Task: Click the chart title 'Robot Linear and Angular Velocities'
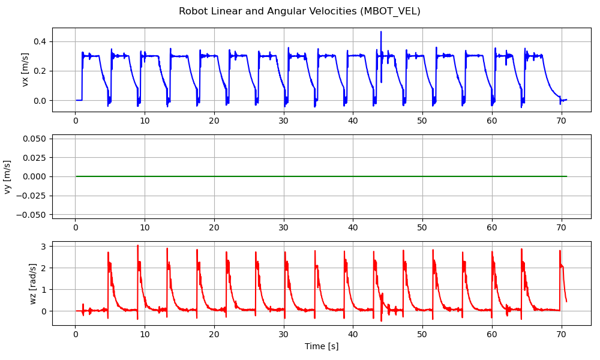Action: pyautogui.click(x=270, y=11)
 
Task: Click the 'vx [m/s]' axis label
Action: pyautogui.click(x=25, y=70)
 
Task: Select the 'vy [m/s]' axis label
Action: pyautogui.click(x=8, y=176)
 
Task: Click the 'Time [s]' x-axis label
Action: pyautogui.click(x=321, y=346)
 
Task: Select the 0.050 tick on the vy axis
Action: pyautogui.click(x=36, y=139)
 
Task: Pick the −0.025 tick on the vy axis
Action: pyautogui.click(x=34, y=196)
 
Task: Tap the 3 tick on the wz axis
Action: pyautogui.click(x=44, y=247)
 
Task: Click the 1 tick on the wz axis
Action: pyautogui.click(x=44, y=290)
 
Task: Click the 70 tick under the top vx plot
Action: pyautogui.click(x=561, y=121)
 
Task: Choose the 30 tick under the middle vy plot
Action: pyautogui.click(x=283, y=227)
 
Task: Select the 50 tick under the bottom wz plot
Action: pyautogui.click(x=422, y=334)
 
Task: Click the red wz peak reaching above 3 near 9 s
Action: pyautogui.click(x=137, y=245)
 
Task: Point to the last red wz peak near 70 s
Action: pyautogui.click(x=560, y=251)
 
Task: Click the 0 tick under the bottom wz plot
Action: pyautogui.click(x=75, y=334)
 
